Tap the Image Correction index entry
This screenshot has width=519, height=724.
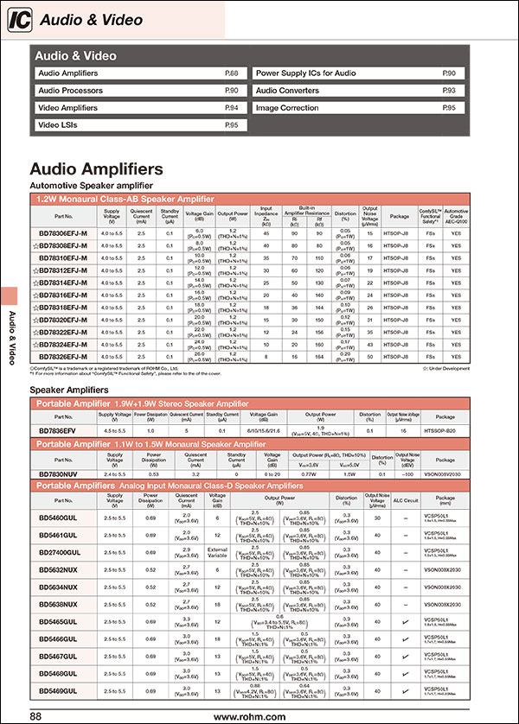pyautogui.click(x=286, y=108)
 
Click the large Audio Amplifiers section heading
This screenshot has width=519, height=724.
pyautogui.click(x=95, y=168)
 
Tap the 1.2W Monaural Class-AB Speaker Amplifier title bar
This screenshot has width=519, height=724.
pyautogui.click(x=130, y=199)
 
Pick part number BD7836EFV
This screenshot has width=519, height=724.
pyautogui.click(x=58, y=429)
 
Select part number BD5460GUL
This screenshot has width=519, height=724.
pyautogui.click(x=58, y=517)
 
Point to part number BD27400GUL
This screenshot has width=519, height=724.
pyautogui.click(x=60, y=550)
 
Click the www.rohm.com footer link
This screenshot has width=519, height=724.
pyautogui.click(x=249, y=716)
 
